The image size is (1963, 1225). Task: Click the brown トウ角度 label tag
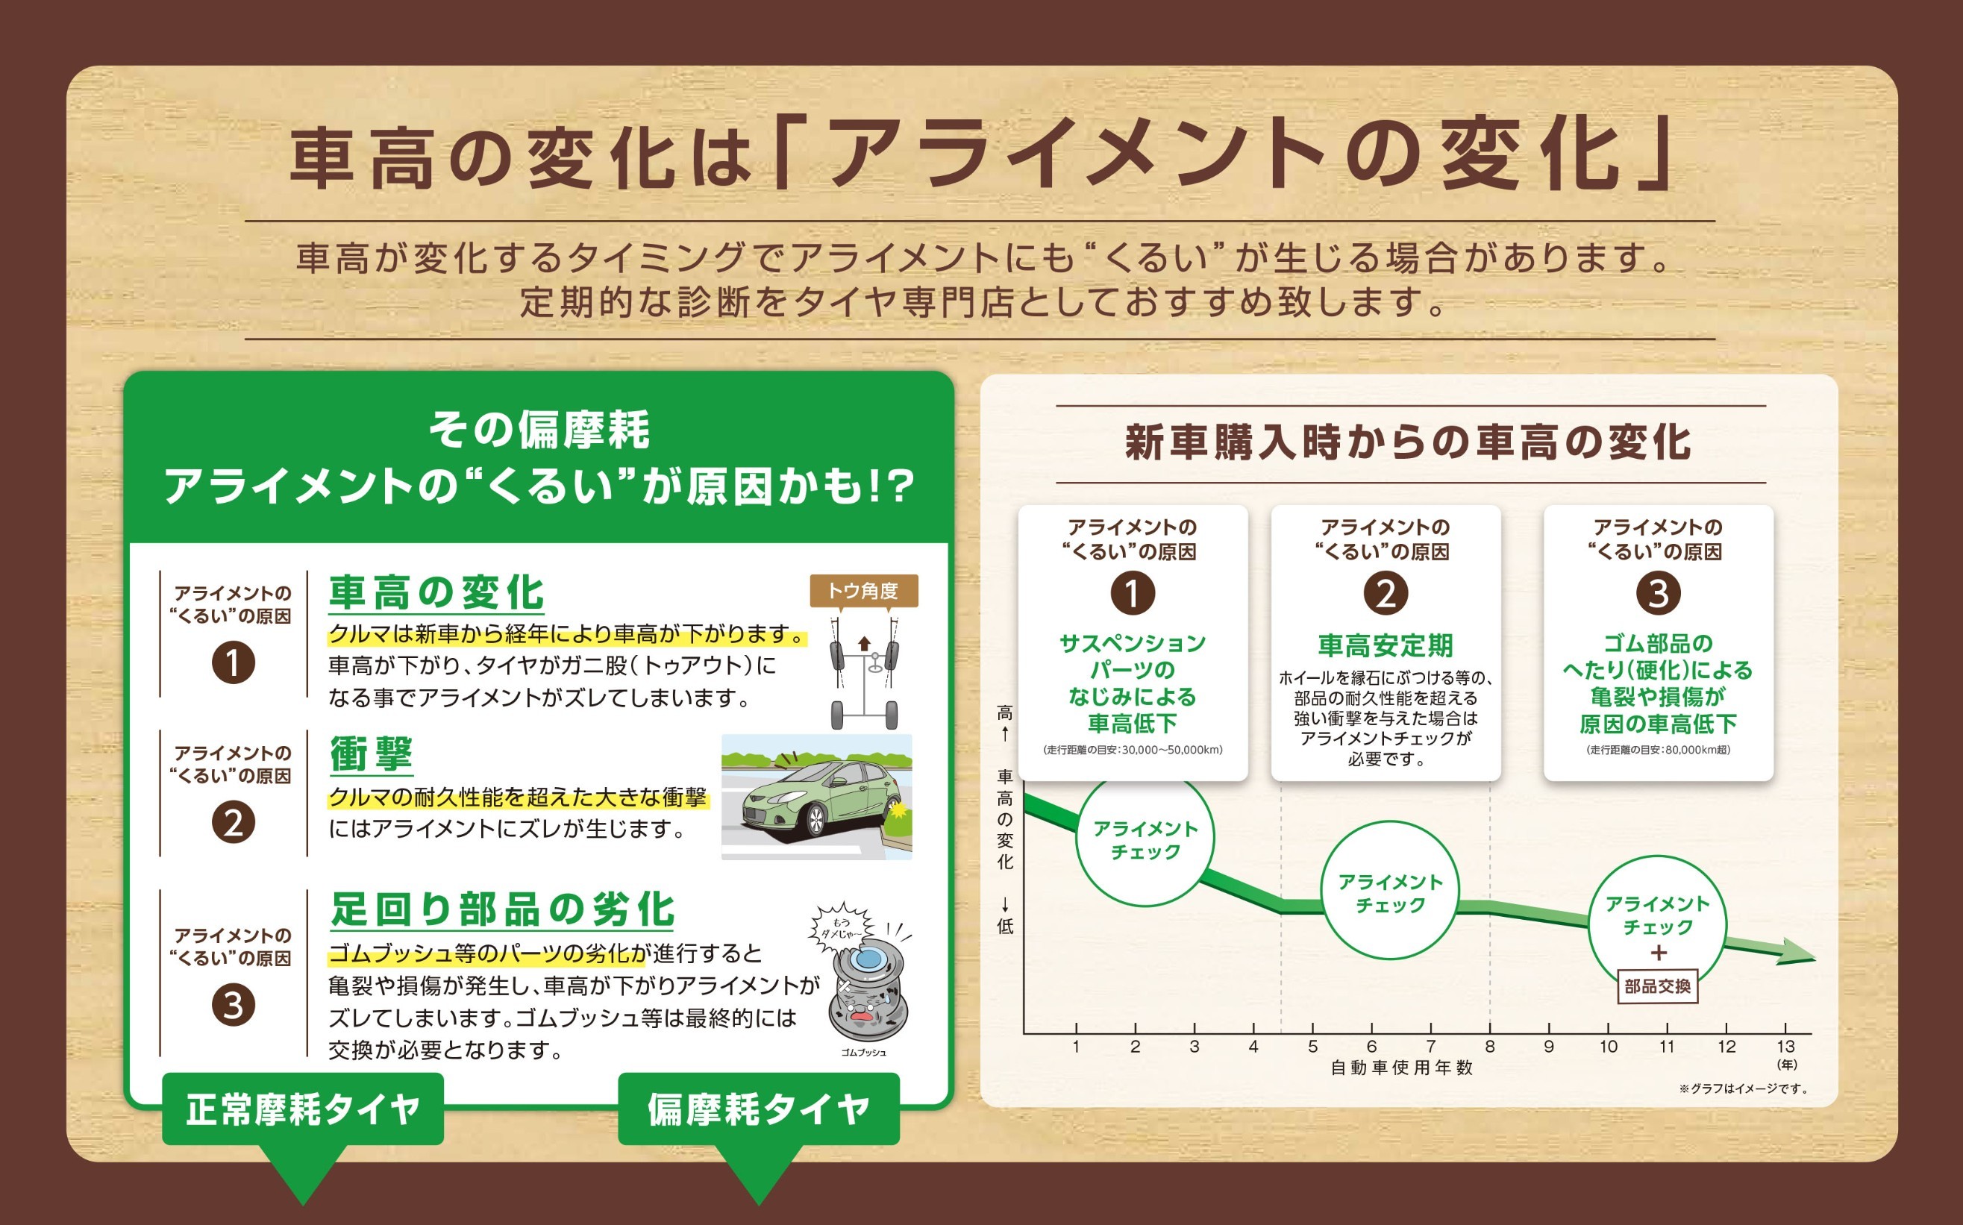[x=864, y=591]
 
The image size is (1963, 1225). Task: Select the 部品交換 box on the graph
[x=1658, y=986]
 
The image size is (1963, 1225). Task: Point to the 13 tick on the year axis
[x=1785, y=1046]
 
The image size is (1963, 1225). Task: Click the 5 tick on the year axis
[x=1312, y=1046]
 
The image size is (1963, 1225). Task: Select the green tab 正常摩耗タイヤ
[x=303, y=1109]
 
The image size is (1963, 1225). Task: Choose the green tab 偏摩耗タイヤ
[x=758, y=1109]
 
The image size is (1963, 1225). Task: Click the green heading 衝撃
[x=371, y=754]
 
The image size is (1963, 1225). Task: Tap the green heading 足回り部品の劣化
[x=502, y=909]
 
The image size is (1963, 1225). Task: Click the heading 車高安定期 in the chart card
[x=1386, y=646]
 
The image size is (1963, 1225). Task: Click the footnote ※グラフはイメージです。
[x=1744, y=1088]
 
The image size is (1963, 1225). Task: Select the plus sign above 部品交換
[x=1659, y=953]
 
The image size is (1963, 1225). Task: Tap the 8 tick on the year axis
[x=1490, y=1046]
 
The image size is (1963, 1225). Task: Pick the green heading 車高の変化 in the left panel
[x=436, y=592]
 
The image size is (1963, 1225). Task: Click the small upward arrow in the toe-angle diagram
[x=865, y=643]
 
